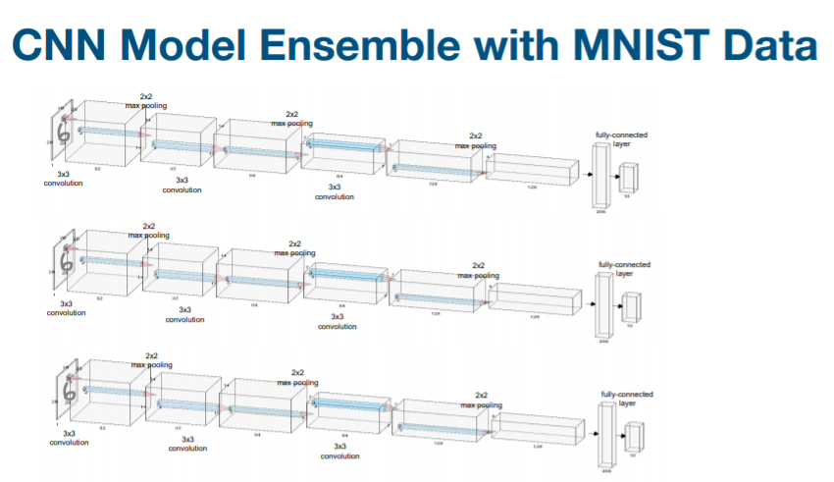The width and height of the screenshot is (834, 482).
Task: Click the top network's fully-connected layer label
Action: (621, 138)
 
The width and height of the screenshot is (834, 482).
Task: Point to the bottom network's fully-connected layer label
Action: (626, 399)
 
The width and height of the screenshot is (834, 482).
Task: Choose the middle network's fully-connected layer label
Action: (624, 269)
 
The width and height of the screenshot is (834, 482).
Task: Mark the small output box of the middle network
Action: (631, 307)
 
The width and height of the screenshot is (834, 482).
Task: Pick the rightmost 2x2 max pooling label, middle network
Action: (479, 270)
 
